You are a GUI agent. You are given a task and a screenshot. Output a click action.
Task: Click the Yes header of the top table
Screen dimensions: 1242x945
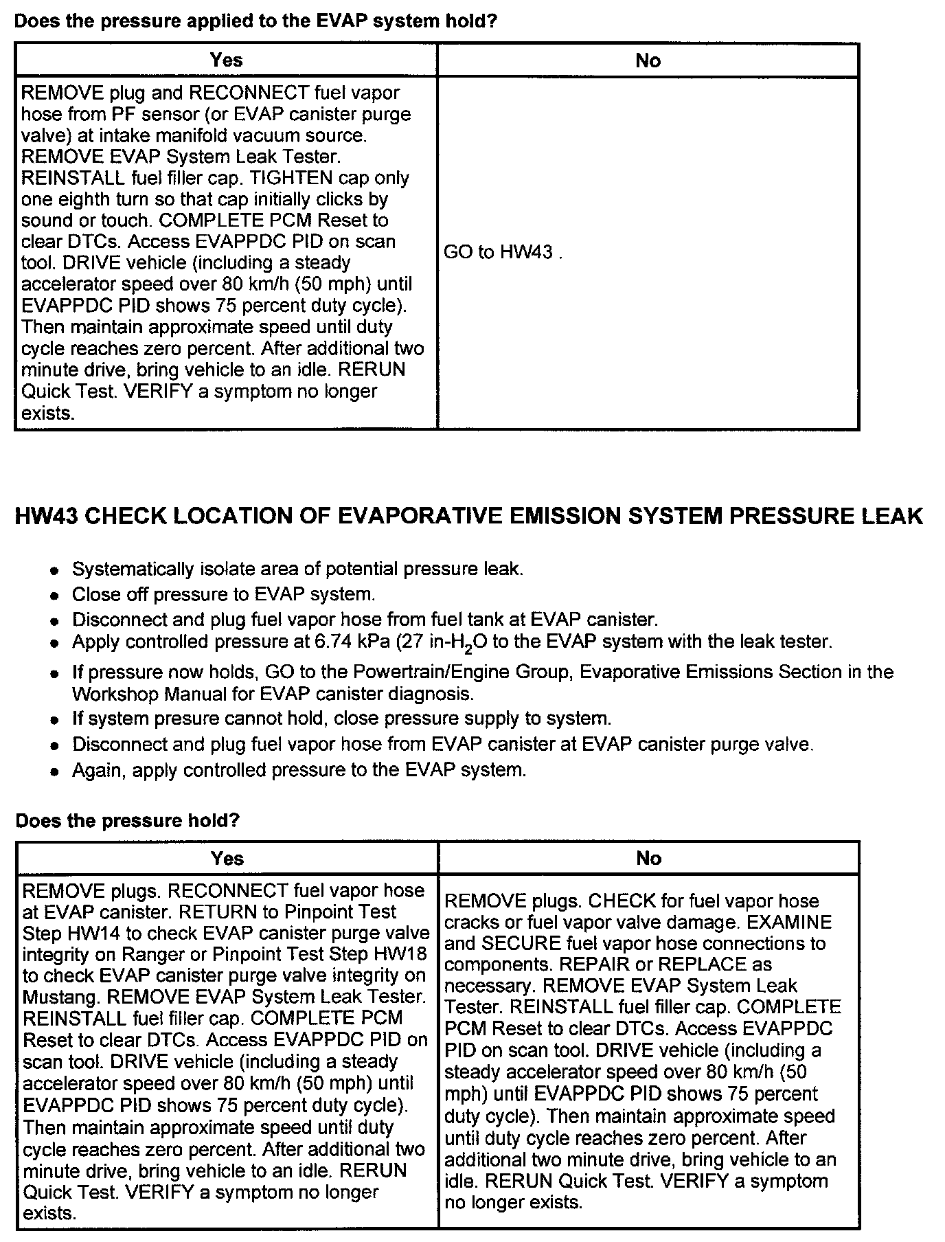pos(227,60)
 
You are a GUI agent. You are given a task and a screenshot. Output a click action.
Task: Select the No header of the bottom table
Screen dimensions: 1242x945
pos(648,858)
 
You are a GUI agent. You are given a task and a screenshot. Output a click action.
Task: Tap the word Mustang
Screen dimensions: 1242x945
pos(61,997)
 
